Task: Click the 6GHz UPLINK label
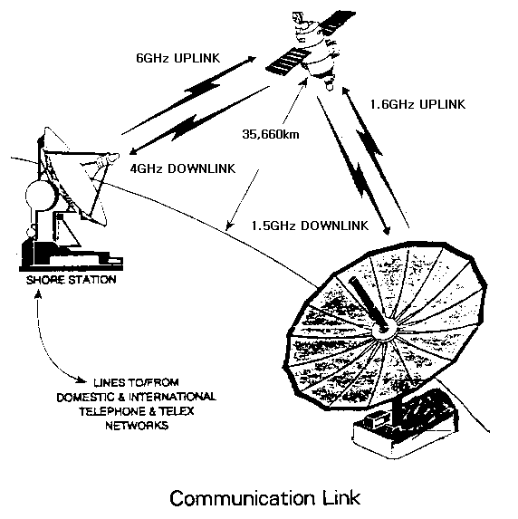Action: (178, 58)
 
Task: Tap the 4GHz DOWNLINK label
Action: (182, 168)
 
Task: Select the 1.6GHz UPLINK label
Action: (417, 104)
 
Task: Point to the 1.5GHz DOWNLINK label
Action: (310, 226)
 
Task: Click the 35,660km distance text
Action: (271, 134)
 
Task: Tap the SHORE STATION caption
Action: (72, 280)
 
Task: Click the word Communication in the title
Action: (242, 498)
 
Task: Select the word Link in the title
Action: (341, 497)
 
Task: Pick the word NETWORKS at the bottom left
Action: (137, 426)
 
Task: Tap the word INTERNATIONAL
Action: (172, 397)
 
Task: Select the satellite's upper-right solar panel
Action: (337, 23)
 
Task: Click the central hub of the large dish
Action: (383, 330)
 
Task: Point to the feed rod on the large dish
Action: (368, 303)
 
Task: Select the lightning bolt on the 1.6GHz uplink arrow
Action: (369, 143)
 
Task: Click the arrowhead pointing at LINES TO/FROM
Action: (81, 380)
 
